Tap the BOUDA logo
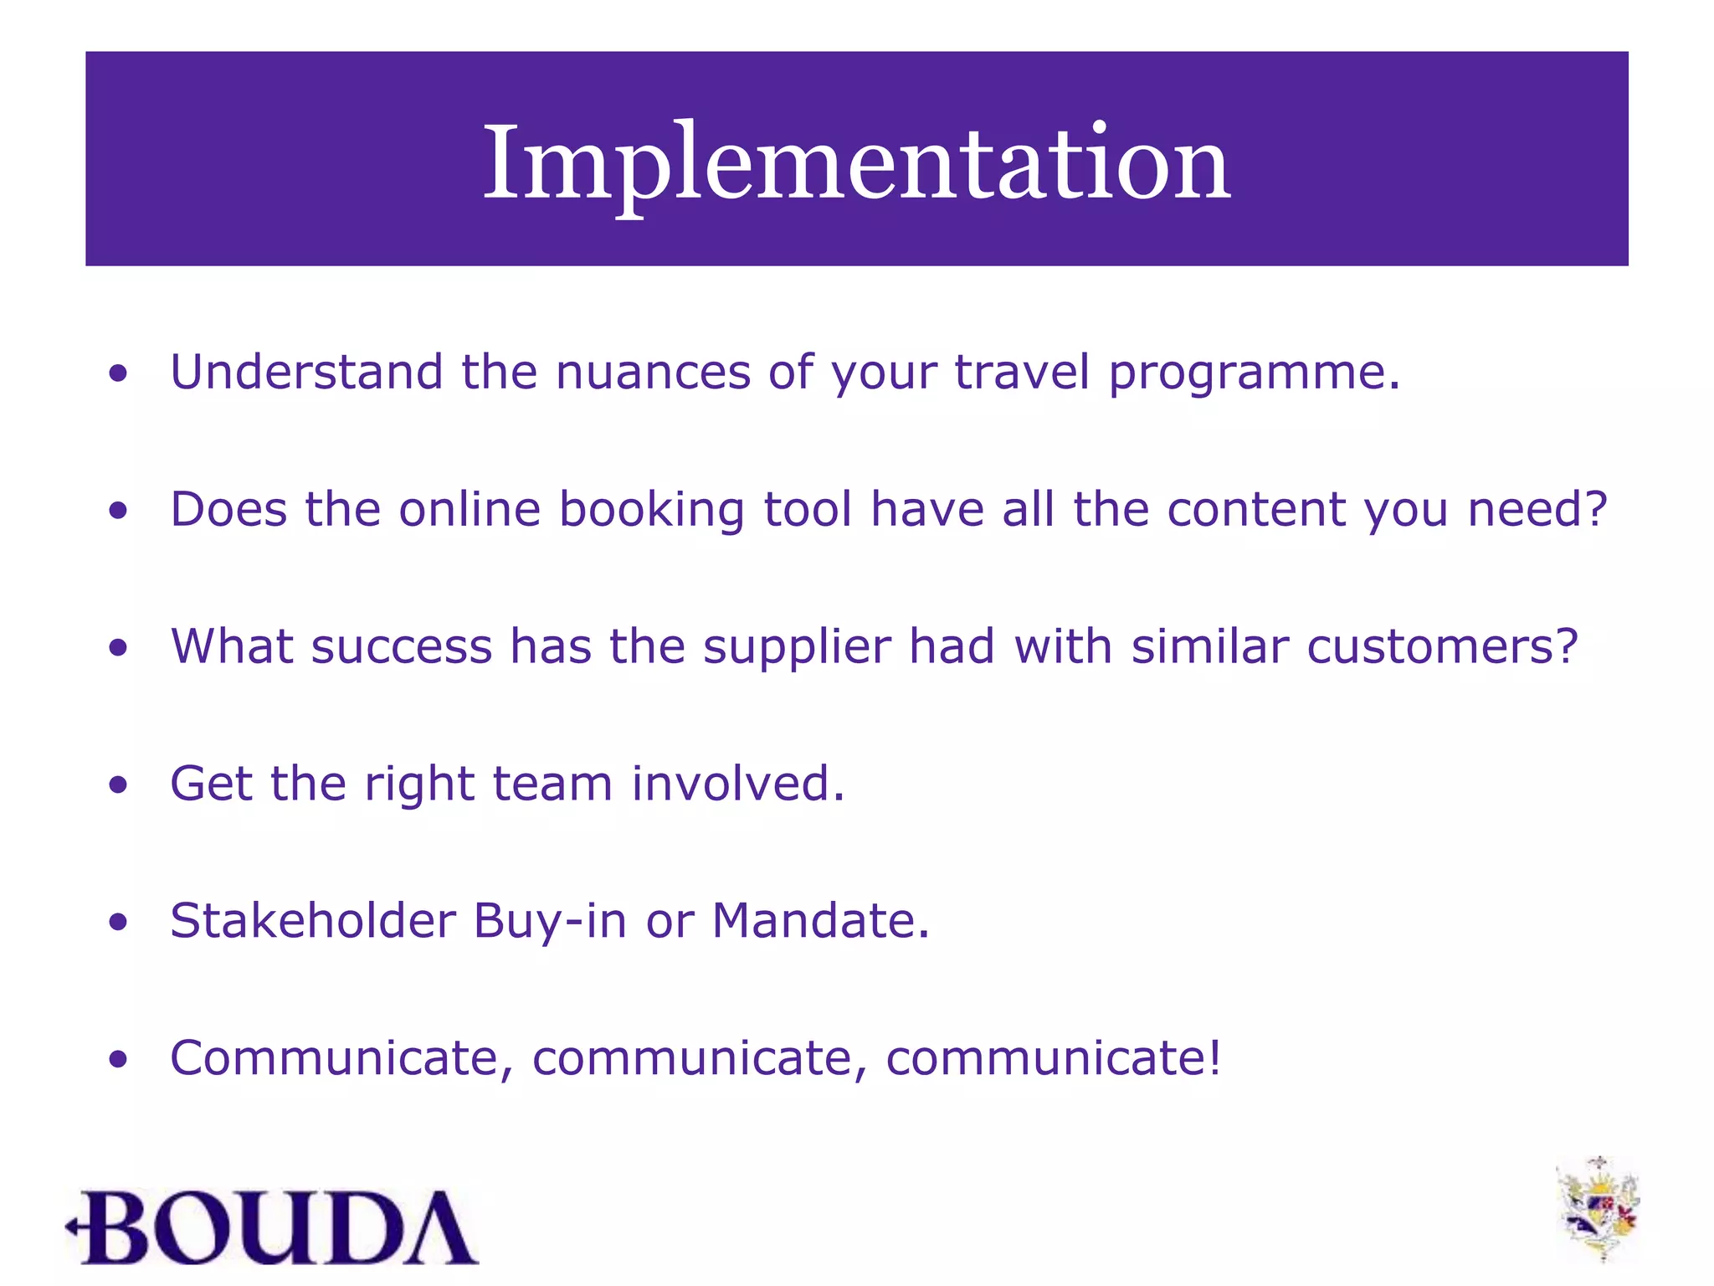coord(272,1227)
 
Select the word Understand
coord(306,372)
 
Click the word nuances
coord(653,373)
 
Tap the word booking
coord(651,511)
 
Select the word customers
coord(1432,647)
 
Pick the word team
coord(552,784)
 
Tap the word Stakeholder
coord(312,921)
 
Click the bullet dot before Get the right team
coord(118,785)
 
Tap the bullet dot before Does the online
coord(118,511)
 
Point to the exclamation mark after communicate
coord(1214,1057)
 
